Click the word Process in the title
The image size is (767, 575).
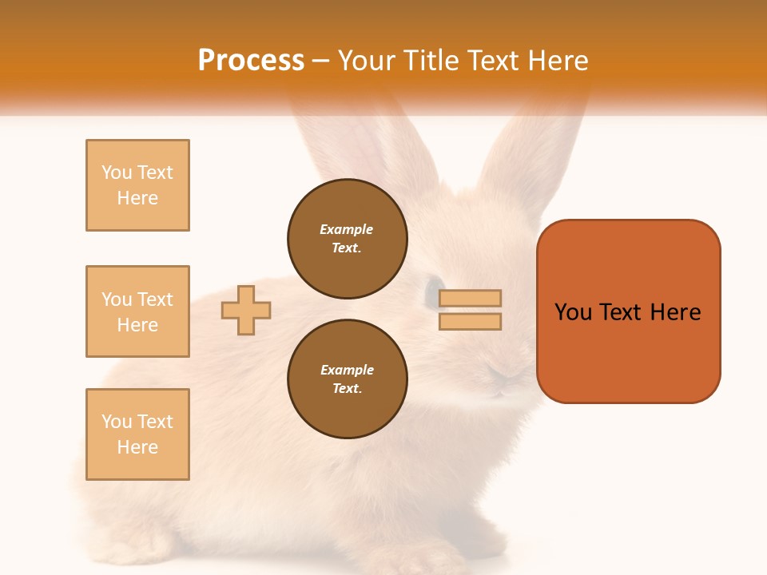tap(251, 61)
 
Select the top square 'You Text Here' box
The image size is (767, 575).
tap(137, 185)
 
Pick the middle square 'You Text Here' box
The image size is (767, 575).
tap(137, 311)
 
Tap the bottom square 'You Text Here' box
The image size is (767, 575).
tap(137, 434)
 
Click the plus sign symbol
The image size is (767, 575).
tap(246, 310)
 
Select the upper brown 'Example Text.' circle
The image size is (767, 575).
tap(347, 238)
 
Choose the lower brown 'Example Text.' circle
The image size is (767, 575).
tap(347, 379)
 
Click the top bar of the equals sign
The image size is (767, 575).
tap(471, 298)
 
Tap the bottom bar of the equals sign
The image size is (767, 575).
tap(471, 321)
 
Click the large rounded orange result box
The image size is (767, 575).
tap(628, 311)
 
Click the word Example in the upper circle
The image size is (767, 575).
tap(347, 229)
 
